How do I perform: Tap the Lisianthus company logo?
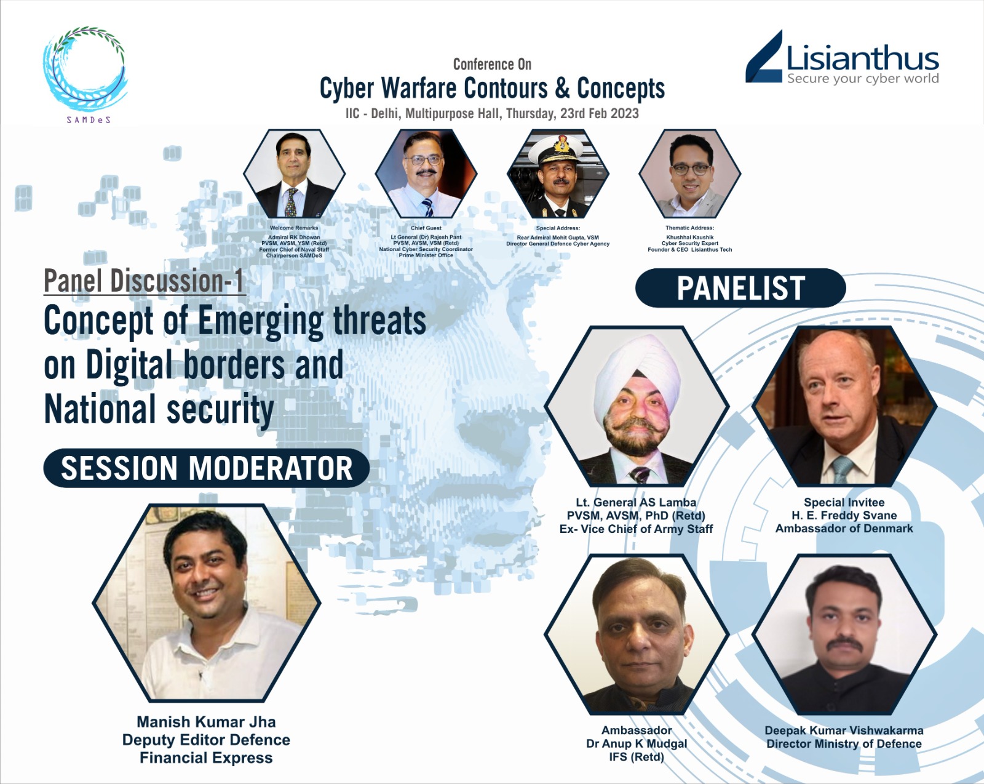click(x=842, y=58)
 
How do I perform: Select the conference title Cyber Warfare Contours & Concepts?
click(x=492, y=89)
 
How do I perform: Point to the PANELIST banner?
click(x=740, y=288)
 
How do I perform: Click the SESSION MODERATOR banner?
click(x=206, y=468)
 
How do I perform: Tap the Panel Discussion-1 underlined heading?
click(x=145, y=281)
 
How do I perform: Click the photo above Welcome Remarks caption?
click(x=294, y=174)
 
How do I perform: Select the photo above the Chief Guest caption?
click(x=426, y=174)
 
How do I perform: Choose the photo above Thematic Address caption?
click(x=689, y=174)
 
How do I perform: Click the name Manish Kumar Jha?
click(x=206, y=722)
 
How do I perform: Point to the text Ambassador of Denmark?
click(x=844, y=529)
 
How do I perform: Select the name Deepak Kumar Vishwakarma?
click(x=844, y=730)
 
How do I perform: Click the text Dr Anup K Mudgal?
click(x=637, y=744)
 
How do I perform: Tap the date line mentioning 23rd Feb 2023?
click(x=492, y=113)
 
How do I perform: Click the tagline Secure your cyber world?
click(x=863, y=79)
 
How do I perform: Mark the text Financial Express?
click(x=206, y=758)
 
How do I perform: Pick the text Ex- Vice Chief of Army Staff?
click(x=636, y=529)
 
